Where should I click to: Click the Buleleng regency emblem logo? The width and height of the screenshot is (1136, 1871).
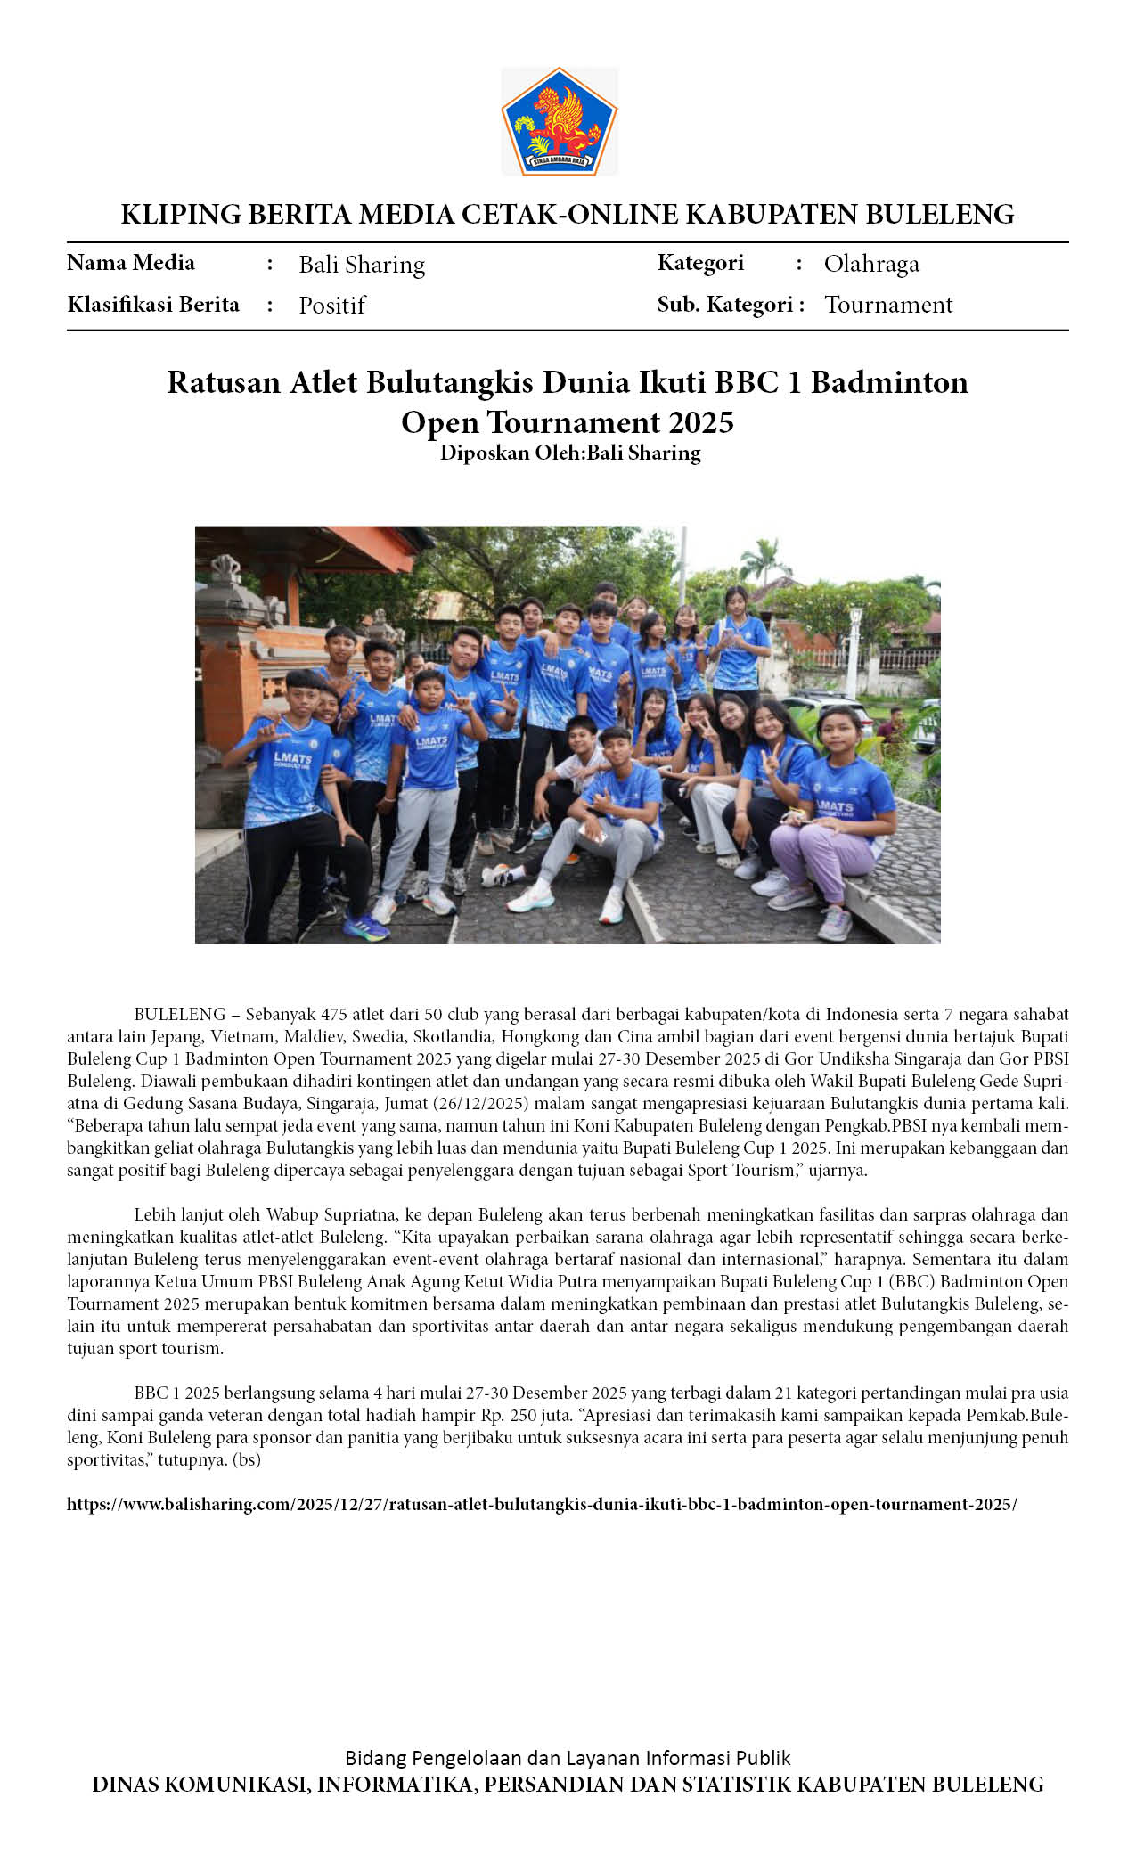click(x=560, y=122)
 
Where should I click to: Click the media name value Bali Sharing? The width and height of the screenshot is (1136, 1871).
click(x=362, y=265)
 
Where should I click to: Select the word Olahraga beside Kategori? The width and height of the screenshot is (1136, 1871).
click(x=871, y=264)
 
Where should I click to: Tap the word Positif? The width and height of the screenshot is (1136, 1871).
click(x=332, y=306)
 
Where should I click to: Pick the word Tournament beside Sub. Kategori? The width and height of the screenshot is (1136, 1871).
click(x=888, y=305)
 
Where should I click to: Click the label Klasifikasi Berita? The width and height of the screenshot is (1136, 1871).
click(x=153, y=305)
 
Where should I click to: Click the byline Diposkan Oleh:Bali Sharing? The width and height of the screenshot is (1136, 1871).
click(x=570, y=453)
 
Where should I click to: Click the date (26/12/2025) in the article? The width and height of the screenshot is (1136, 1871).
click(x=481, y=1103)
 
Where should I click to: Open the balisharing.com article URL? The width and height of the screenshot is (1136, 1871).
click(x=542, y=1504)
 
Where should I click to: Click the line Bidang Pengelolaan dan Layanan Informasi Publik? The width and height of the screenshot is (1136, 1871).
click(x=568, y=1758)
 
